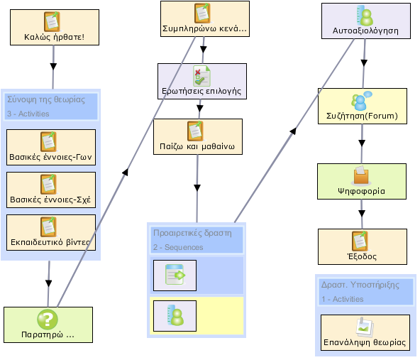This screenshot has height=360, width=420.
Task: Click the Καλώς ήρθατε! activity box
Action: point(55,28)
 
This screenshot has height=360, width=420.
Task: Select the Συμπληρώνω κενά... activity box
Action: point(205,18)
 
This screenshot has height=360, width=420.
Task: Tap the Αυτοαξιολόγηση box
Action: point(366,21)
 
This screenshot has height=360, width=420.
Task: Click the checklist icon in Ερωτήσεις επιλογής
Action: point(201,76)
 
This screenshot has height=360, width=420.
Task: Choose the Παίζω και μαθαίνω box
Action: point(198,137)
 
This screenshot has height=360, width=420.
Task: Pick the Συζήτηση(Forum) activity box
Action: point(363,106)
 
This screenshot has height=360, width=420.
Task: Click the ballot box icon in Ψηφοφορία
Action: point(361,176)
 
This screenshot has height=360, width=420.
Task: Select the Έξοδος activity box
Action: point(363,246)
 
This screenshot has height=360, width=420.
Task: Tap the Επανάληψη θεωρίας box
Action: point(365,332)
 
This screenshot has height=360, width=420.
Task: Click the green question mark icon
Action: point(48,320)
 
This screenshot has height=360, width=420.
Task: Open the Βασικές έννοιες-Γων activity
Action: point(51,148)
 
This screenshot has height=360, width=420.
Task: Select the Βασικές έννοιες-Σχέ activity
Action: point(51,190)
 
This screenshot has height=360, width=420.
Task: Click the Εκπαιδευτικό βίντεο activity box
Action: point(51,232)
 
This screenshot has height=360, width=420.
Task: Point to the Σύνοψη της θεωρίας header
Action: point(46,99)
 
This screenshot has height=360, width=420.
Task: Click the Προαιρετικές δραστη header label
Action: point(192,233)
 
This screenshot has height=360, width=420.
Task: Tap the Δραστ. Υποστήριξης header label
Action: point(360,285)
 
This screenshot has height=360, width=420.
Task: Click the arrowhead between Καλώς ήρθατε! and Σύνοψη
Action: point(53,67)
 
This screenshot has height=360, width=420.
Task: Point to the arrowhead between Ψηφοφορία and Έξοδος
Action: point(362,214)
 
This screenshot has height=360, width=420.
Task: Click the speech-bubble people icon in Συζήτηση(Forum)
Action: point(361,101)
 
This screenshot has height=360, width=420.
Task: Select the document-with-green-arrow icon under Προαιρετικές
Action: point(175,275)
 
